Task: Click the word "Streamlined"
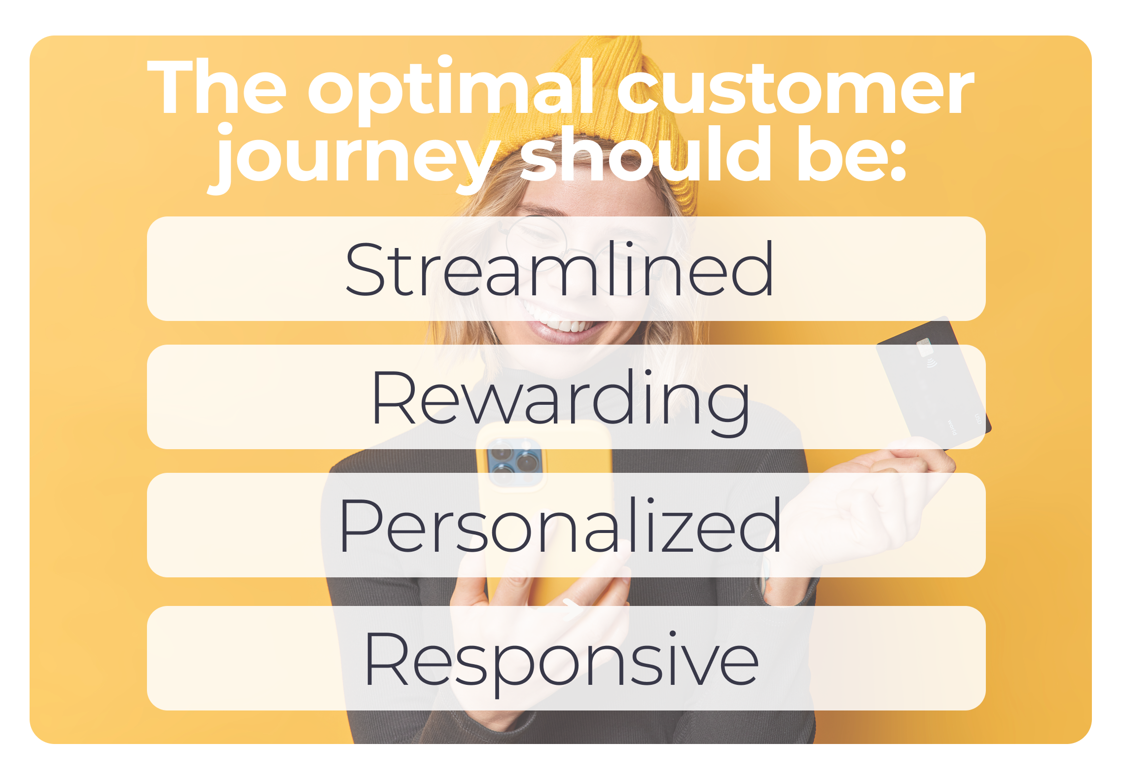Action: point(559,269)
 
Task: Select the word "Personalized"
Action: point(560,525)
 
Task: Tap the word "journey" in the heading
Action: point(355,158)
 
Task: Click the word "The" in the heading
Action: point(217,87)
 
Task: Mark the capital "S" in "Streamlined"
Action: point(365,269)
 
